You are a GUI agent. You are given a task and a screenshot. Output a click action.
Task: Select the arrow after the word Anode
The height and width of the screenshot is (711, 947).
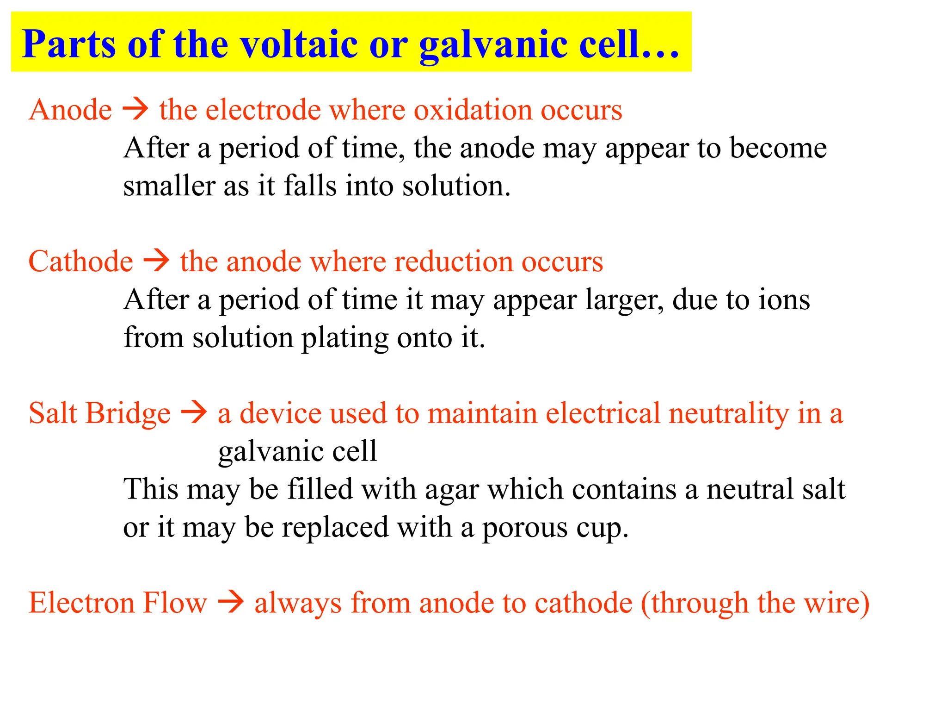pos(135,110)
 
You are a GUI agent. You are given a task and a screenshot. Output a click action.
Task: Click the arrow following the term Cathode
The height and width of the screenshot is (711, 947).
pos(156,261)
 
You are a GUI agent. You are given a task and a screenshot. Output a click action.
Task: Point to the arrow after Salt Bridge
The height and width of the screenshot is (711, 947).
pos(194,412)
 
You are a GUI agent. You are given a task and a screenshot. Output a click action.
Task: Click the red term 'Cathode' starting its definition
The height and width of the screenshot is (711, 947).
pos(81,261)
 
